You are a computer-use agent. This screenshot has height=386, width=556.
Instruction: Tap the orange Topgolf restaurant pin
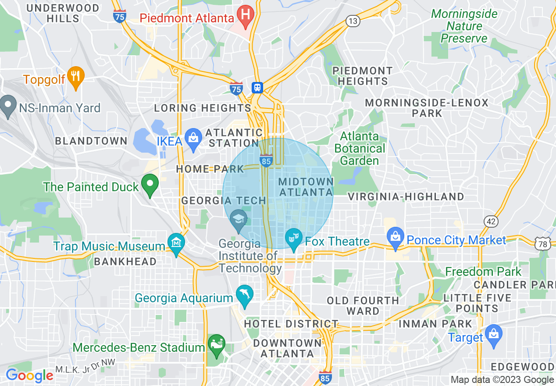[x=76, y=77]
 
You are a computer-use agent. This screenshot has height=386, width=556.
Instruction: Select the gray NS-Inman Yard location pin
[x=7, y=106]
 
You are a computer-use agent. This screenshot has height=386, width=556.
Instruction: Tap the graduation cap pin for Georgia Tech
[x=239, y=219]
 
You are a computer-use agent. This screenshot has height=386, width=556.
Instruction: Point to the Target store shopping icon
[x=494, y=334]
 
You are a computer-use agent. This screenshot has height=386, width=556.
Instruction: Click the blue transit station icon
[x=257, y=88]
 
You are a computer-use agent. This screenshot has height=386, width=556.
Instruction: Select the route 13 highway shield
[x=353, y=21]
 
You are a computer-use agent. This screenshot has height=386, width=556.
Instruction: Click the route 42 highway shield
[x=491, y=221]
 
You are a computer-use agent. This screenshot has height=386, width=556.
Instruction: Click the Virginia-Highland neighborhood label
[x=406, y=197]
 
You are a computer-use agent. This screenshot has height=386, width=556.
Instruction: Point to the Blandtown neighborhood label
[x=91, y=141]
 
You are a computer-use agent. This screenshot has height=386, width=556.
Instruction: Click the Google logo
[x=29, y=375]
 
